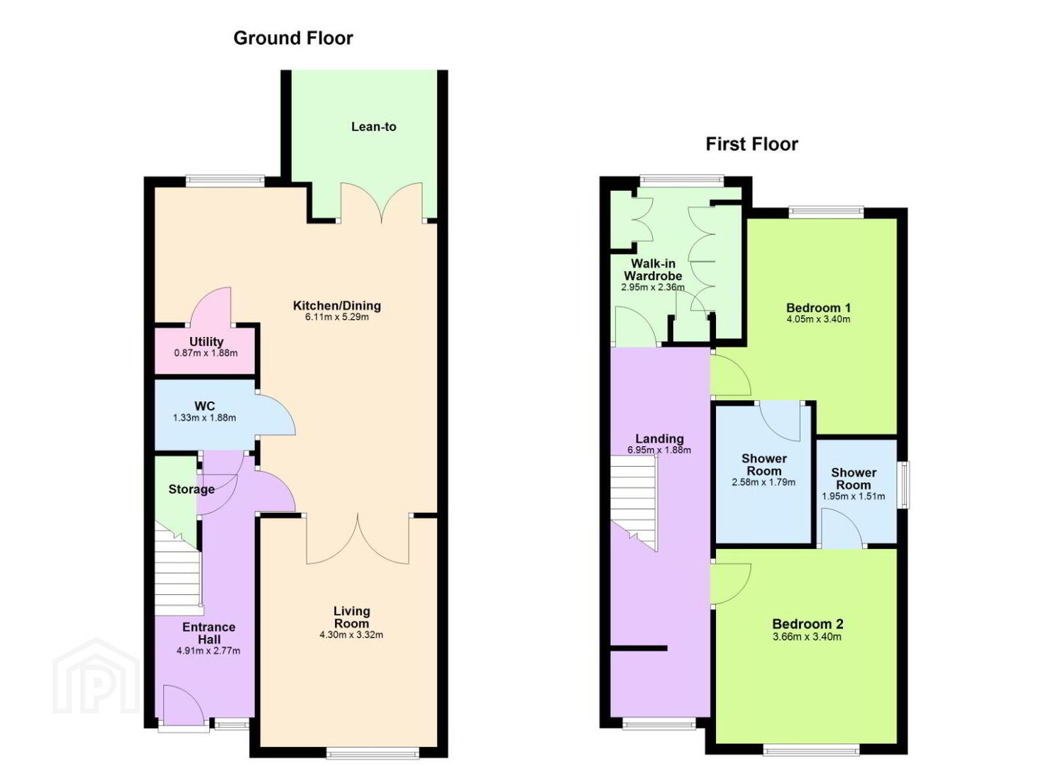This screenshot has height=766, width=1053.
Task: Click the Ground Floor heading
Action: click(293, 38)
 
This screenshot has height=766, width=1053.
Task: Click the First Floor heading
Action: click(751, 144)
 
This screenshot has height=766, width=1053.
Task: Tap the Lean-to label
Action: click(374, 126)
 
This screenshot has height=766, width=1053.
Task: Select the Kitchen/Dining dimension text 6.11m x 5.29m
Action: click(336, 317)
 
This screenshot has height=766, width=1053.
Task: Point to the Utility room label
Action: click(206, 342)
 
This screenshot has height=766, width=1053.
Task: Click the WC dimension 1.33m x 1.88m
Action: click(204, 418)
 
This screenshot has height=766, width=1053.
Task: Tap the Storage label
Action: click(192, 489)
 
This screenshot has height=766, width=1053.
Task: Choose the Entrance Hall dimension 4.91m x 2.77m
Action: click(208, 651)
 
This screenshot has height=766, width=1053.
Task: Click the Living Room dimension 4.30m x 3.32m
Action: click(351, 635)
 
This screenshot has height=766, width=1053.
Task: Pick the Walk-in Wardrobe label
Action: click(653, 270)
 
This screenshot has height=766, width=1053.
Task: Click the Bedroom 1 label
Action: click(818, 309)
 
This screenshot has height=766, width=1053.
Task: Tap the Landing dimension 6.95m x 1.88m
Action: click(659, 450)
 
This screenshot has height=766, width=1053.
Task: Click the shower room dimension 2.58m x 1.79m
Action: click(764, 482)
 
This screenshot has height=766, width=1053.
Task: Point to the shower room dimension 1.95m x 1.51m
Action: click(853, 496)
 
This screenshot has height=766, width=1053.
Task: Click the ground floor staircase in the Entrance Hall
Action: click(178, 572)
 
